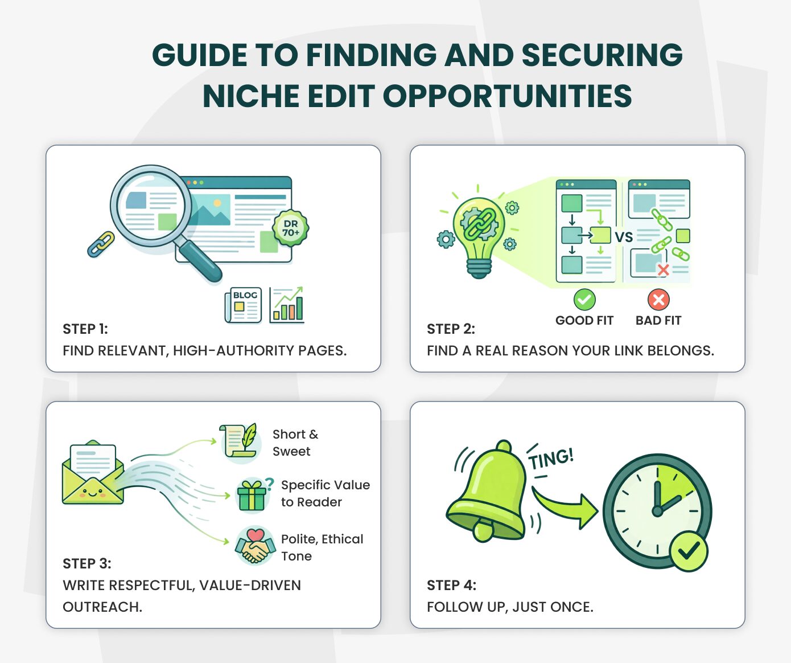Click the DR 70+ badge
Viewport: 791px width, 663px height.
(x=290, y=228)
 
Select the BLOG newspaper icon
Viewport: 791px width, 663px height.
(x=244, y=305)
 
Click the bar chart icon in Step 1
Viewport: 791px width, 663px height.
(x=287, y=305)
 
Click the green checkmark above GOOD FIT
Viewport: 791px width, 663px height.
(x=584, y=299)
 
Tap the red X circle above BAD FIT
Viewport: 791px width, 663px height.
(x=658, y=299)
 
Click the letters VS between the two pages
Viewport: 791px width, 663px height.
(x=624, y=238)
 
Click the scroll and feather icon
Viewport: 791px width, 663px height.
(x=239, y=440)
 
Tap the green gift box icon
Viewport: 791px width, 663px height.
(x=252, y=494)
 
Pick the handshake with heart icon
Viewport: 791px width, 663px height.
(x=254, y=545)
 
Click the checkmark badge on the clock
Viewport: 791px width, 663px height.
(x=689, y=551)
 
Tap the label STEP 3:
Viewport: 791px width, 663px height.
(x=87, y=563)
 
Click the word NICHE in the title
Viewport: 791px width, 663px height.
(x=251, y=96)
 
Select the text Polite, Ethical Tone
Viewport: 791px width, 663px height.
(x=322, y=547)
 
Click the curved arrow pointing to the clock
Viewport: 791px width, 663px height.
(x=566, y=506)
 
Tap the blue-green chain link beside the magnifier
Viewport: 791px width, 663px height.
(x=101, y=244)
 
